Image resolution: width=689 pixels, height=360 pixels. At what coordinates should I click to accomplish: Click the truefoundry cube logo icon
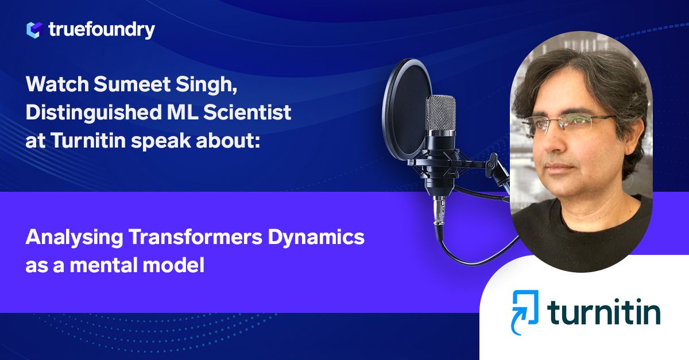tap(35, 30)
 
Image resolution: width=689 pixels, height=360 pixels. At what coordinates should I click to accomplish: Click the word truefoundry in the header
tap(102, 30)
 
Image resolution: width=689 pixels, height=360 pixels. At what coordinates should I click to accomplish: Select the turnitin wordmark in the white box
tap(603, 313)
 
